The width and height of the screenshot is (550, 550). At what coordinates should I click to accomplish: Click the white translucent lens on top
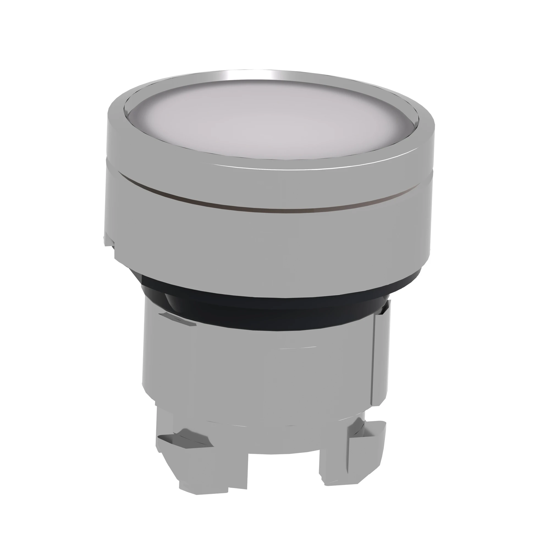(x=270, y=122)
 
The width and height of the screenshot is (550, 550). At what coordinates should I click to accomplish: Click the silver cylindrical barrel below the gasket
(x=256, y=370)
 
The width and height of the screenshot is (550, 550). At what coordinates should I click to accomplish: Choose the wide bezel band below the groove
(x=270, y=242)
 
